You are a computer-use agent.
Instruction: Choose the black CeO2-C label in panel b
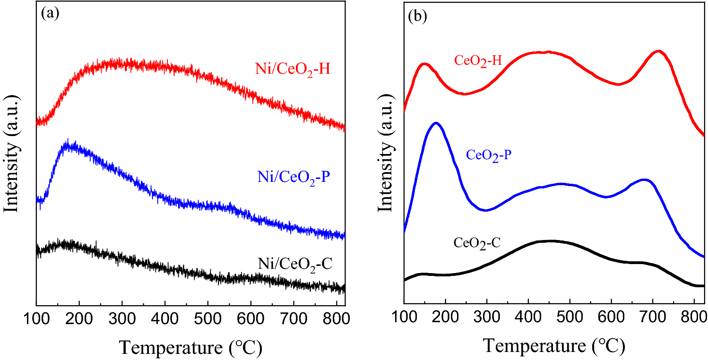tap(476, 243)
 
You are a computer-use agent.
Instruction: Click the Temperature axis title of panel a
tap(190, 347)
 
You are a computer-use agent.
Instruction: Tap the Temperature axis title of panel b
tap(553, 347)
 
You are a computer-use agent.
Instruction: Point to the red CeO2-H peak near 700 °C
tap(658, 51)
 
